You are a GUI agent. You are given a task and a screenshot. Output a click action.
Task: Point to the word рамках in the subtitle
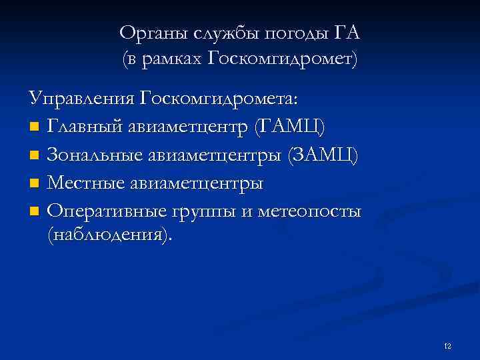pyautogui.click(x=173, y=59)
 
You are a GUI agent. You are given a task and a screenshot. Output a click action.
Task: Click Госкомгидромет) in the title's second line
pyautogui.click(x=283, y=59)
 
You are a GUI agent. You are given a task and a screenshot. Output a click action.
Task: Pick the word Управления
pyautogui.click(x=82, y=99)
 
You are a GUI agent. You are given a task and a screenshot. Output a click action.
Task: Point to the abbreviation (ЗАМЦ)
pyautogui.click(x=321, y=155)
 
